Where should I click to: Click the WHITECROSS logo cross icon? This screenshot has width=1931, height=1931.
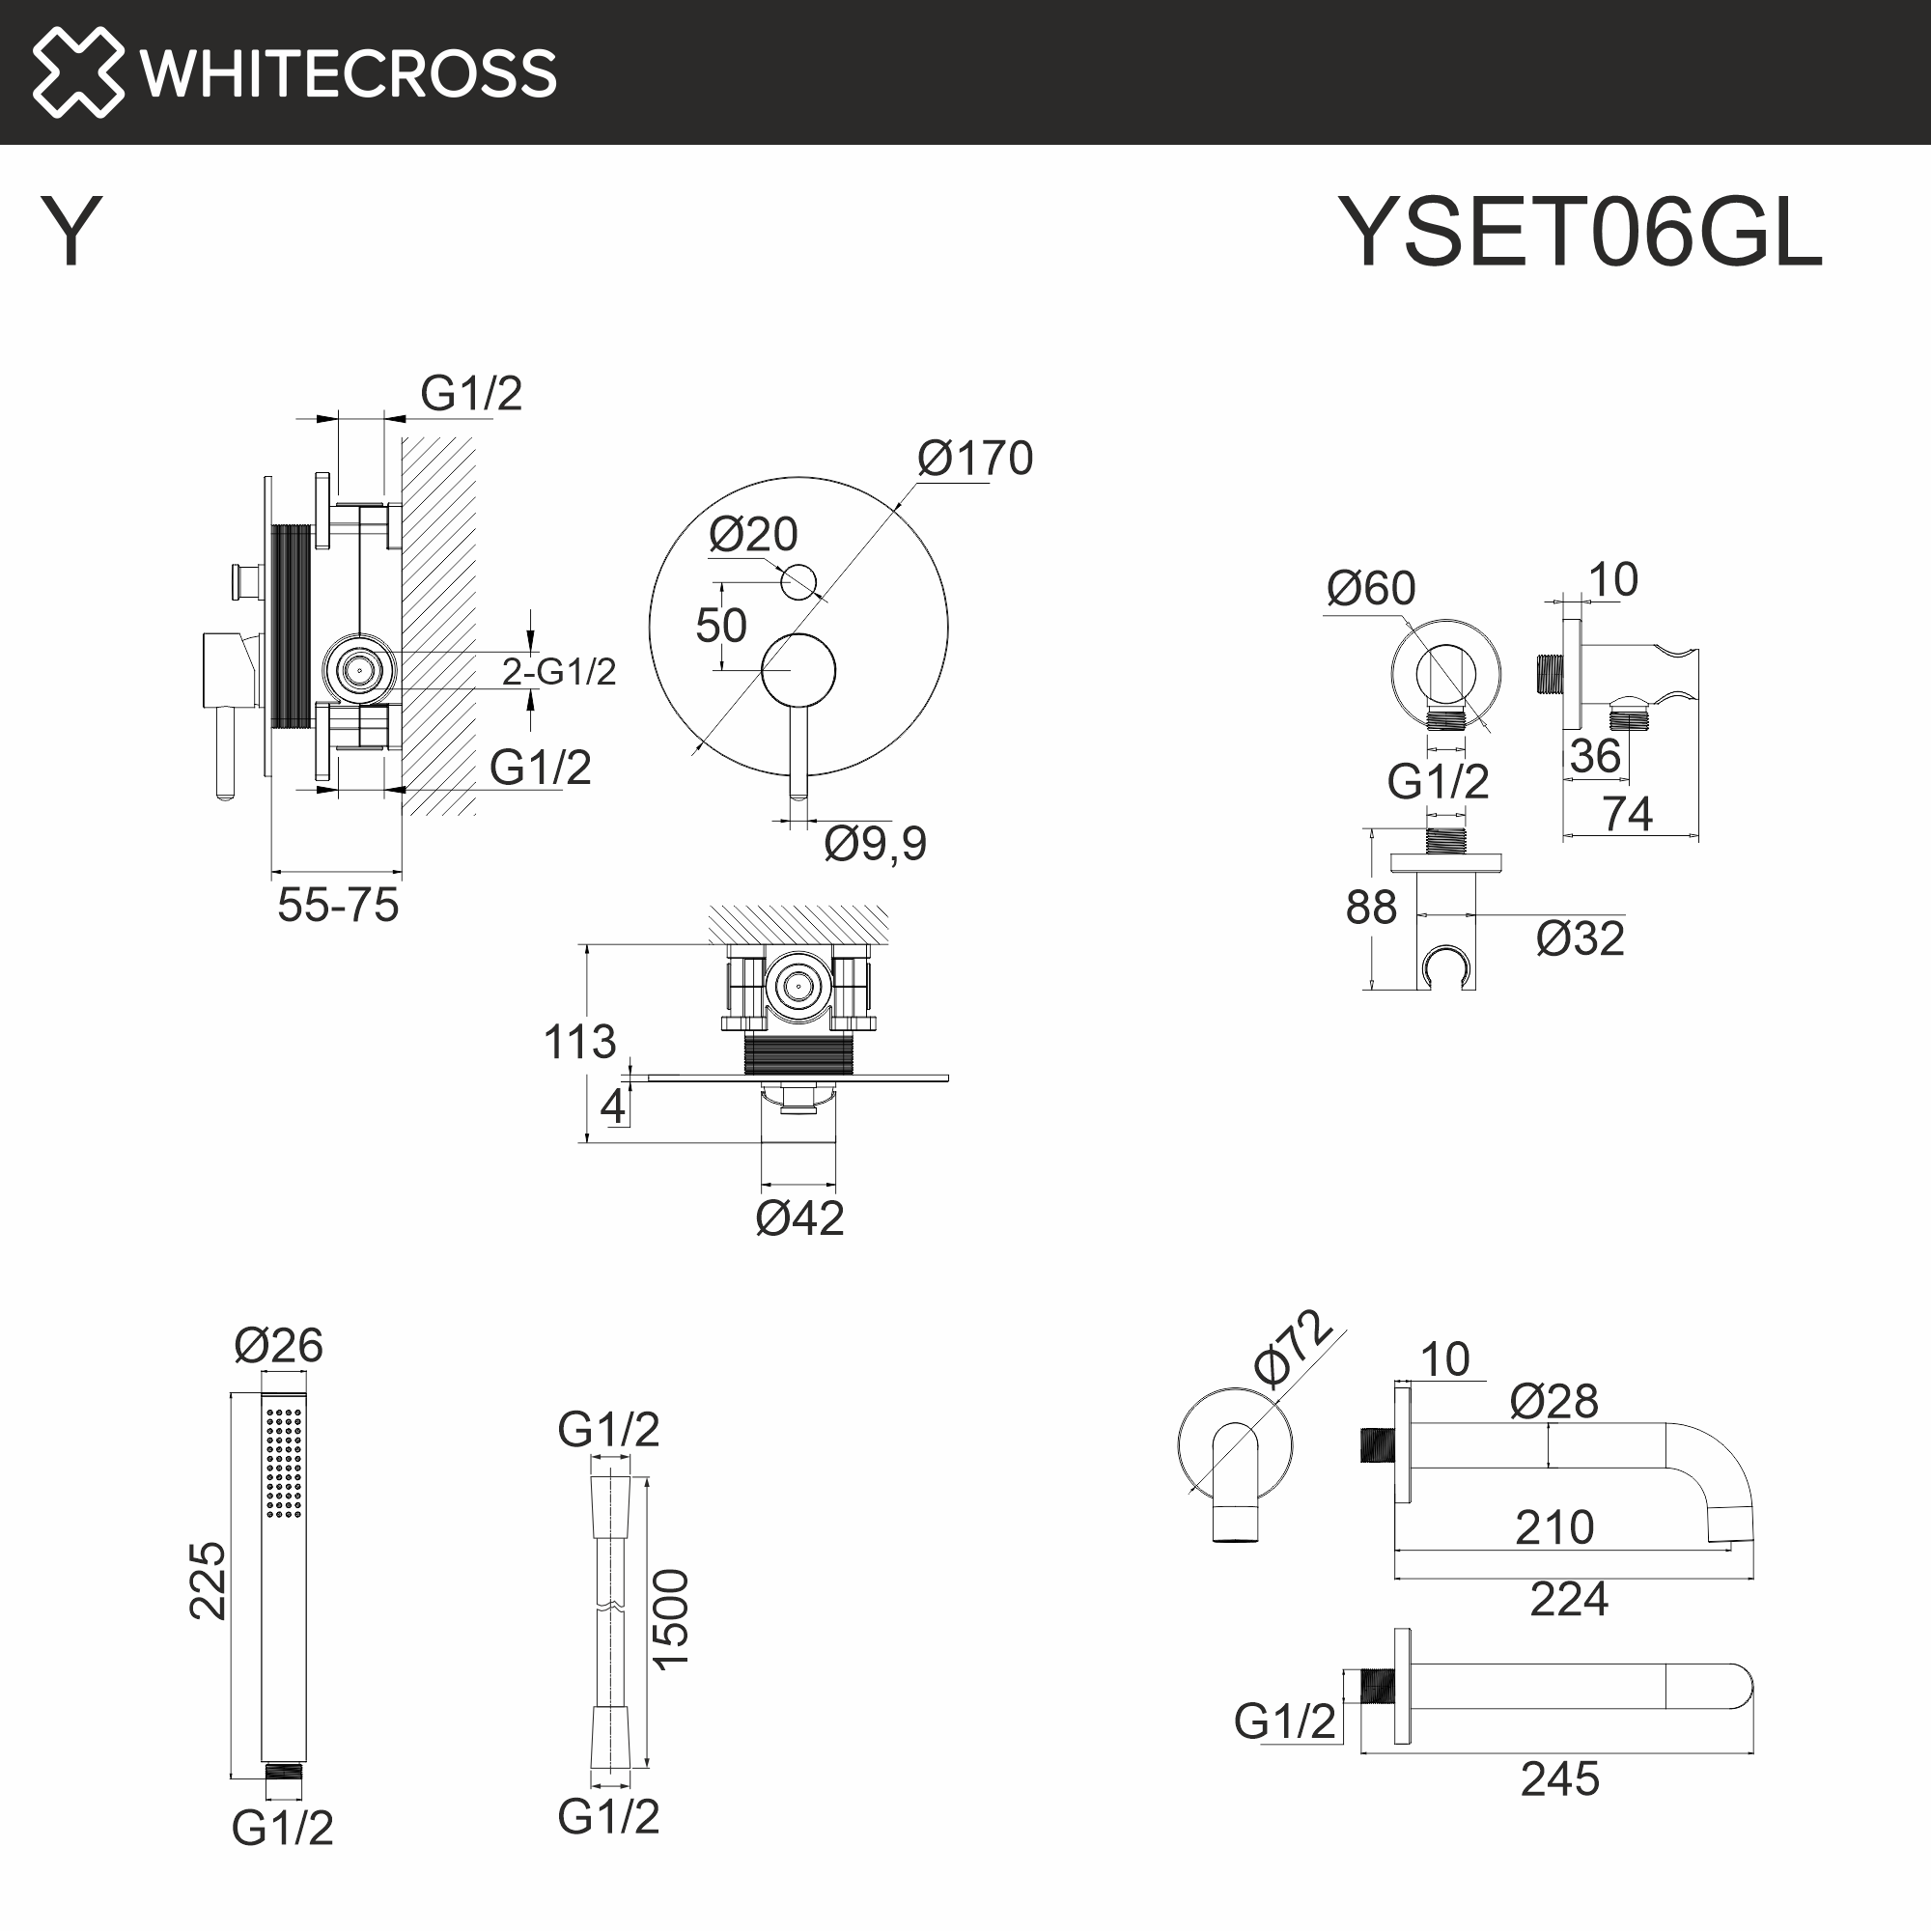coord(78,72)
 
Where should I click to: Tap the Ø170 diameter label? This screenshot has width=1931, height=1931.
coord(974,459)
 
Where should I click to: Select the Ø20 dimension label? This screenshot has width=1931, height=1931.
coord(753,535)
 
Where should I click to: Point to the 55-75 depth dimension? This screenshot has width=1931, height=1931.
coord(338,906)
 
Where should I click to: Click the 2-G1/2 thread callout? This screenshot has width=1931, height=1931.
coord(559,672)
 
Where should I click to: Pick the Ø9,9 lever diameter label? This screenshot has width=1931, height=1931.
coord(875,844)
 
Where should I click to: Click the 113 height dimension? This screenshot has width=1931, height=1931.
coord(579,1043)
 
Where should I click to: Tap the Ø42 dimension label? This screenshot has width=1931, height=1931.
coord(799,1218)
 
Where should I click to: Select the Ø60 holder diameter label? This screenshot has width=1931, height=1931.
coord(1370,589)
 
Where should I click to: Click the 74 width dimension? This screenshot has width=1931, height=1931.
coord(1627,814)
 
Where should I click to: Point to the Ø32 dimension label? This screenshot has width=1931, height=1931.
coord(1580,938)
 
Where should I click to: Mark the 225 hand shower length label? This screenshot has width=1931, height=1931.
coord(208,1581)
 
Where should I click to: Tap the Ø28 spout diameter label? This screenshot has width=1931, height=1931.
coord(1553,1401)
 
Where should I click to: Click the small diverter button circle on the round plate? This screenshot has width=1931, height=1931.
coord(798,580)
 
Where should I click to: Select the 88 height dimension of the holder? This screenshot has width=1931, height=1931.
coord(1370,908)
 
